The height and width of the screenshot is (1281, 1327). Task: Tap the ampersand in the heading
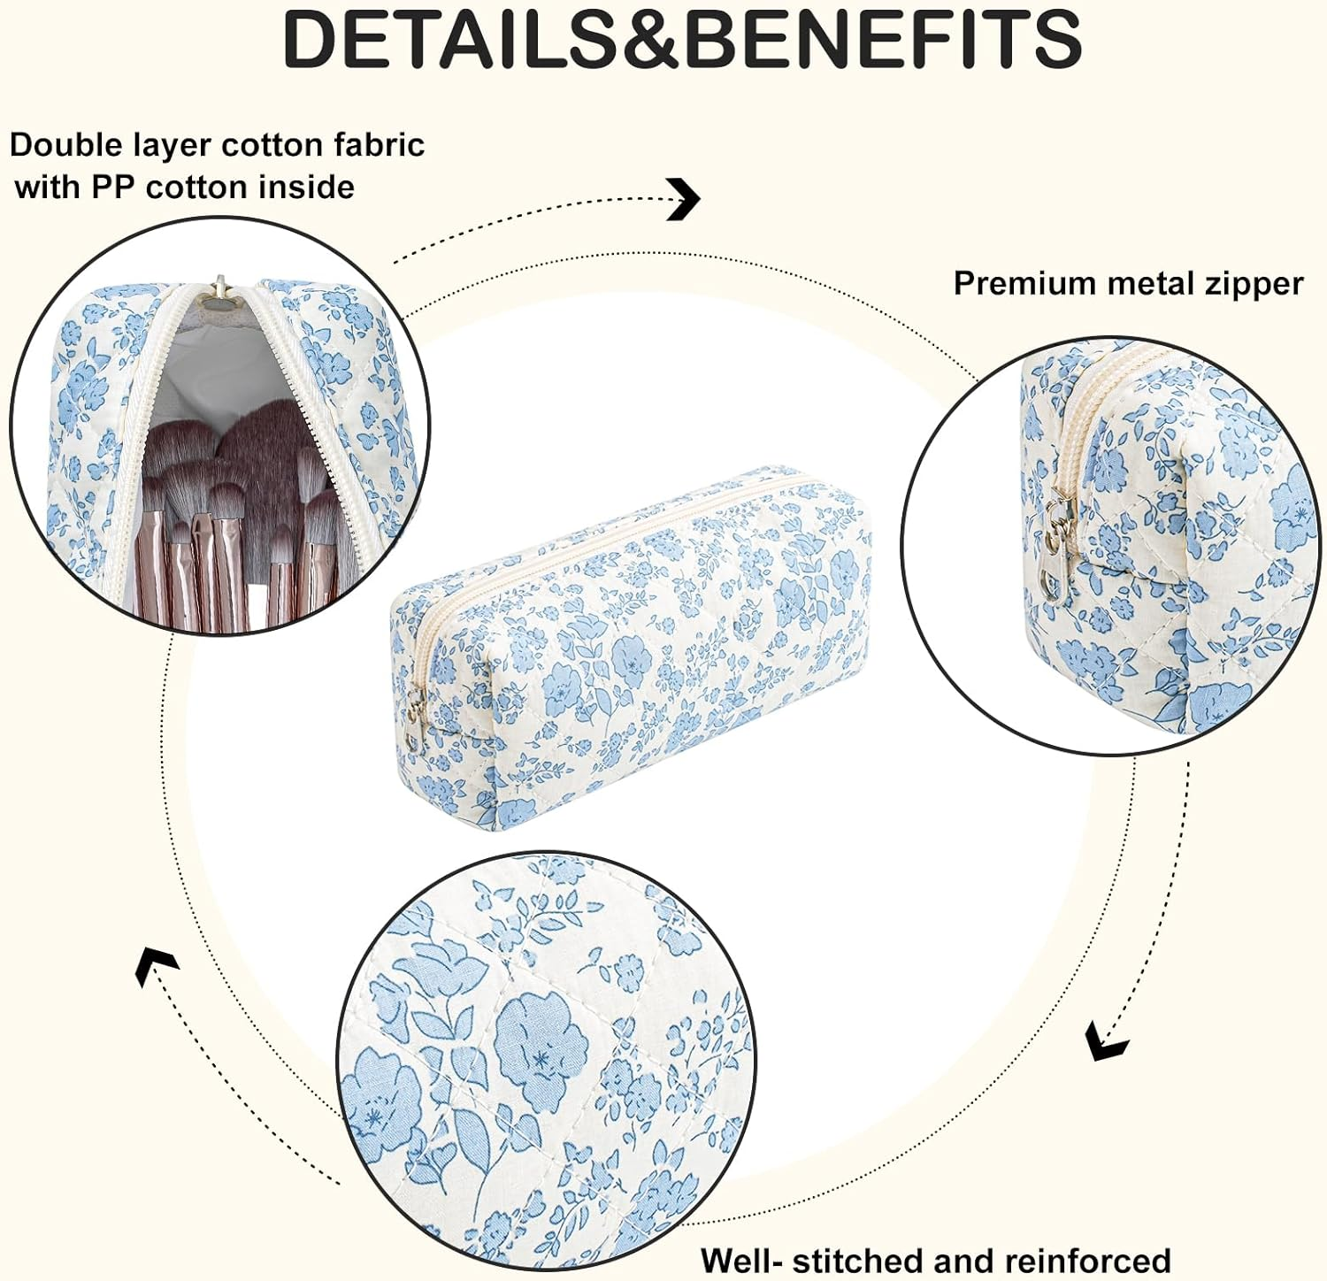(650, 39)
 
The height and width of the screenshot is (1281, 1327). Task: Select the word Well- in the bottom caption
(740, 1260)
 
